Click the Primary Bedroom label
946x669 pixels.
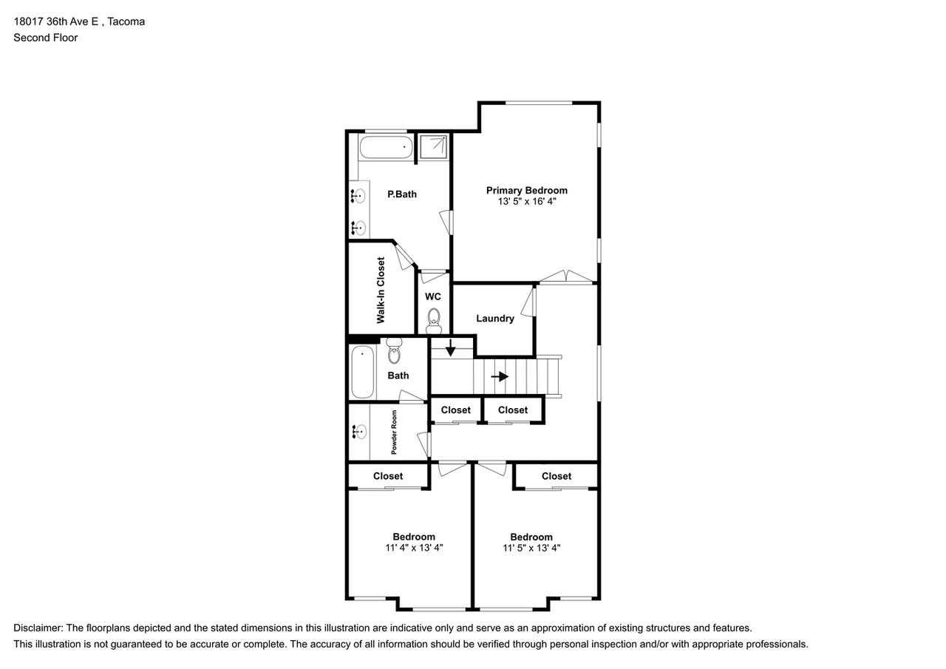[527, 191]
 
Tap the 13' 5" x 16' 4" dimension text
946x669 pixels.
[527, 202]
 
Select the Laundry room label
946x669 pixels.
[495, 319]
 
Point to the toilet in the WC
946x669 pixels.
[434, 321]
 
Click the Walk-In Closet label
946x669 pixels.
[381, 291]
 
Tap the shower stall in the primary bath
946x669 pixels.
[434, 146]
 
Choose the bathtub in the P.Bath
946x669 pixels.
[387, 147]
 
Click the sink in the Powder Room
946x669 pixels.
[359, 432]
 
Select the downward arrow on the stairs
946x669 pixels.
[451, 347]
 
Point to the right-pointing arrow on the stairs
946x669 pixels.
[500, 376]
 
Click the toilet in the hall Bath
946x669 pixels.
[394, 351]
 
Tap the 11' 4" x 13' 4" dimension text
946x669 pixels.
[414, 548]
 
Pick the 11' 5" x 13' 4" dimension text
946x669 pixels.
[531, 548]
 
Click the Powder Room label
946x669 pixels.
[394, 432]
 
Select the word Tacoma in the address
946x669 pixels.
[126, 21]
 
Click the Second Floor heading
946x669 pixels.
[46, 38]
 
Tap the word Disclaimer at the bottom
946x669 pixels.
[38, 628]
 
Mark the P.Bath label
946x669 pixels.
[402, 194]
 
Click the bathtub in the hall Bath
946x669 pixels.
[363, 372]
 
